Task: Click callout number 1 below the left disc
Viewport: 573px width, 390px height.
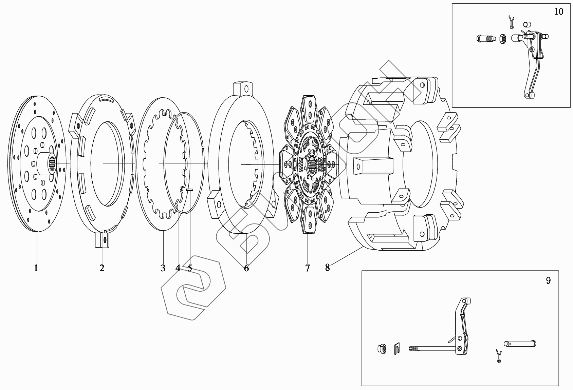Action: (x=36, y=268)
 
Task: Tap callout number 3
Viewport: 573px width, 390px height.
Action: (x=163, y=268)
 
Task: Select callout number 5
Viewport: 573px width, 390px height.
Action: (x=190, y=268)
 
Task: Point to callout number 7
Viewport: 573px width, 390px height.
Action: (x=307, y=268)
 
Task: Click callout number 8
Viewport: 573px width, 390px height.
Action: (x=327, y=267)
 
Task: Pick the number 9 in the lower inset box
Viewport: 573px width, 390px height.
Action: (x=548, y=280)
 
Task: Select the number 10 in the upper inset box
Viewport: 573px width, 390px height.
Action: (x=558, y=12)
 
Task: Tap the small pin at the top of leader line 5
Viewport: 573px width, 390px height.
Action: (x=189, y=190)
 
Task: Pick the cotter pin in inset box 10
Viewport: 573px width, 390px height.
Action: (x=512, y=22)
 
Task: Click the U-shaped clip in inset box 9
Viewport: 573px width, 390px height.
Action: (x=397, y=349)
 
